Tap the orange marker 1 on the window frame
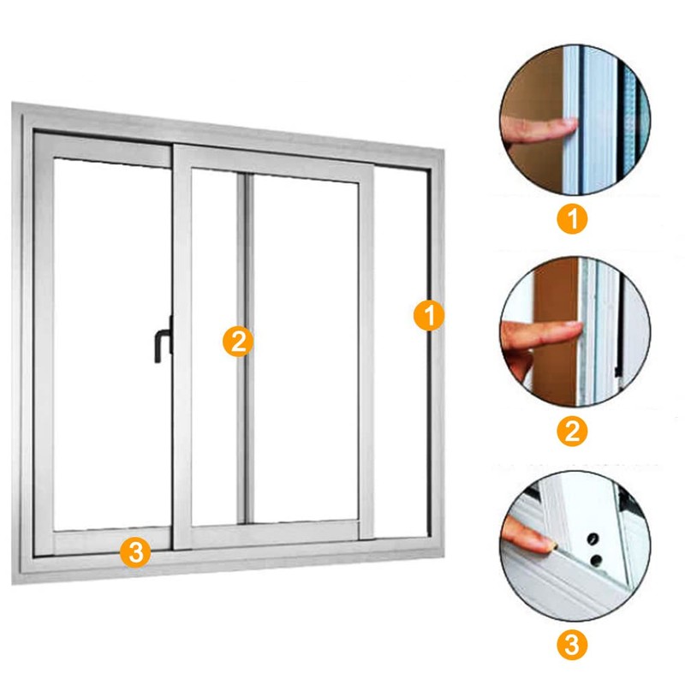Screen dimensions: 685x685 click(429, 315)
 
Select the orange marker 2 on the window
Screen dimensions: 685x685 click(238, 341)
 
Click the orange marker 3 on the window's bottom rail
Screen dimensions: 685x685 click(135, 552)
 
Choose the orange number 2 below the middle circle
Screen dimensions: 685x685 click(572, 431)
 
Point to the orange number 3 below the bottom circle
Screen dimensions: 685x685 click(572, 644)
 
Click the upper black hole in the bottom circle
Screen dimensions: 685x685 click(592, 539)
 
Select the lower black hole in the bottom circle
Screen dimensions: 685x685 click(596, 560)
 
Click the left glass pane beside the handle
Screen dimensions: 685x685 click(112, 345)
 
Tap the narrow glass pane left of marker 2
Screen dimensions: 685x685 click(214, 345)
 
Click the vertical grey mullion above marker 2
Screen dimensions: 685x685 click(245, 253)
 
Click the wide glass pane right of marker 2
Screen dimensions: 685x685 click(306, 348)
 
